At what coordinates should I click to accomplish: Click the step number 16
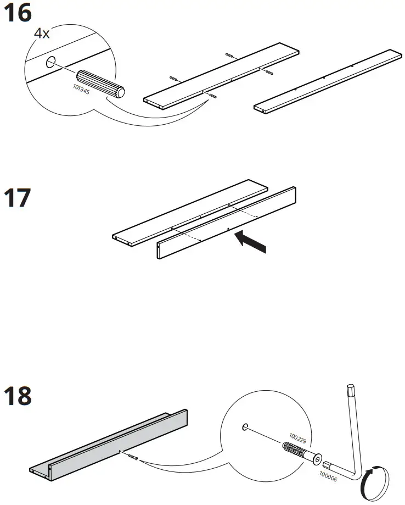coord(18,13)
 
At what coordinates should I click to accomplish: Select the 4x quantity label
coord(42,33)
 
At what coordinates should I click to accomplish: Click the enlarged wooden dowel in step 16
coord(102,84)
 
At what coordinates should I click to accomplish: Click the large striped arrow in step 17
coord(250,242)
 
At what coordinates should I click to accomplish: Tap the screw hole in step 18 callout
coord(245,427)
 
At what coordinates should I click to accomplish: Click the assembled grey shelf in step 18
coord(110,445)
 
